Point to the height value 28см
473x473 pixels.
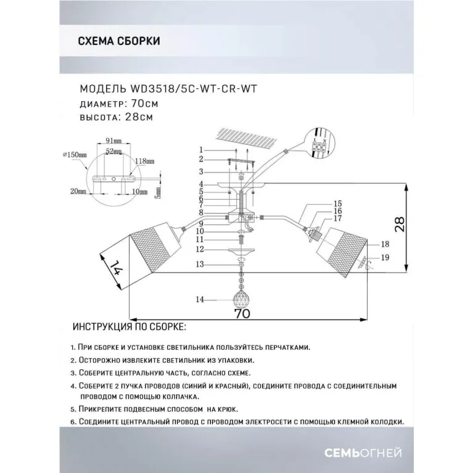[x=139, y=115]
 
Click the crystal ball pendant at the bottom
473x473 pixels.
[x=241, y=300]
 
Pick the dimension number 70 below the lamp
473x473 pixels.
[x=243, y=313]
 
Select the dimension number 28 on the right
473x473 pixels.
[x=419, y=225]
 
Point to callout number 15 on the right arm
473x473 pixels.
[x=337, y=203]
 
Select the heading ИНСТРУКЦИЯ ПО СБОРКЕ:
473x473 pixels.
[x=128, y=326]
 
